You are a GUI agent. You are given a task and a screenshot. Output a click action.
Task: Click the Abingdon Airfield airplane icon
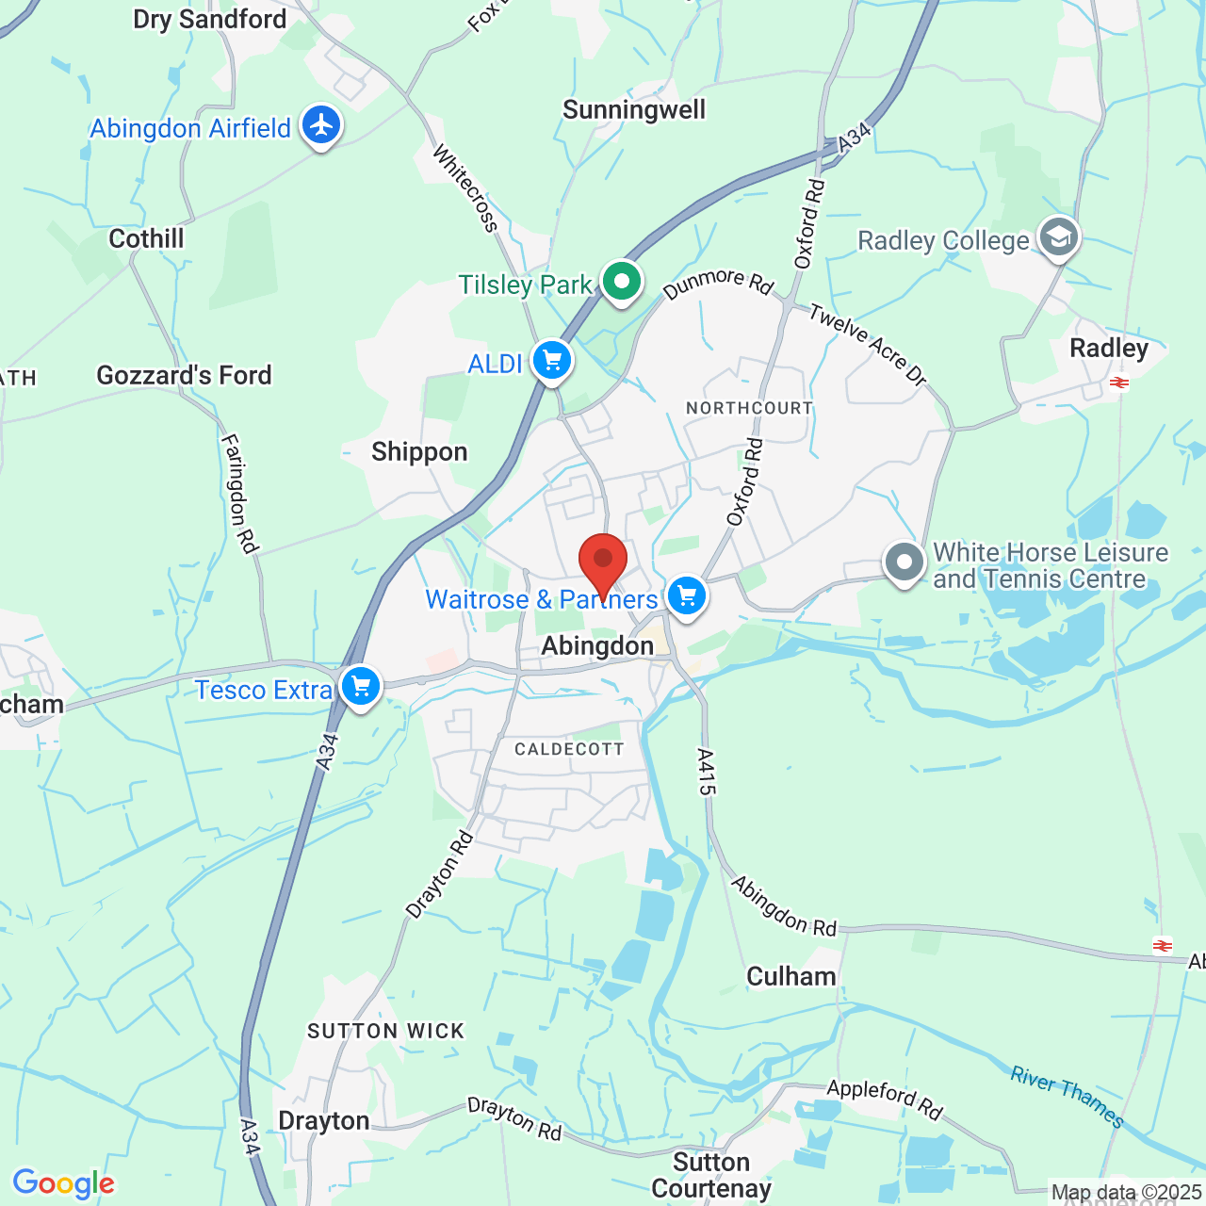pos(321,124)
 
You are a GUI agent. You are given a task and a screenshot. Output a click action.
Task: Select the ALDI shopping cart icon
pos(552,361)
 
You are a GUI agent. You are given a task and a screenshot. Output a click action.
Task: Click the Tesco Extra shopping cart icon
pos(361,687)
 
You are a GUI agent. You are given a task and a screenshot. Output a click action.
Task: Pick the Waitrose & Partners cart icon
pos(687,596)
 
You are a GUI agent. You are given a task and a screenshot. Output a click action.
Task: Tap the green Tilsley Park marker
pos(621,281)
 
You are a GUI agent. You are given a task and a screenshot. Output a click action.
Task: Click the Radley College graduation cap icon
pos(1059,237)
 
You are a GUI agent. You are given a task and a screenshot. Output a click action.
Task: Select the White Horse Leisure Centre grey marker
pos(904,562)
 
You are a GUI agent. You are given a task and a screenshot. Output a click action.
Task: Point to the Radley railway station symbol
pos(1119,383)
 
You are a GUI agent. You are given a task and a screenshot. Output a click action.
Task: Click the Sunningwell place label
pos(634,110)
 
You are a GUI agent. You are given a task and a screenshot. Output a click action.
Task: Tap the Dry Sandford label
pos(209,19)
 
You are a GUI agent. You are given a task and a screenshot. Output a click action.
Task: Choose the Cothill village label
pos(146,238)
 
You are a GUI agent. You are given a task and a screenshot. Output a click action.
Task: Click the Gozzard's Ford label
pos(184,375)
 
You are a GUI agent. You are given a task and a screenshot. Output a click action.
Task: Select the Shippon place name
pos(419,452)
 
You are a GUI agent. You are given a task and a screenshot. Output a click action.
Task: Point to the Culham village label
pos(791,976)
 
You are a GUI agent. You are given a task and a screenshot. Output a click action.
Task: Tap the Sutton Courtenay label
pos(711,1175)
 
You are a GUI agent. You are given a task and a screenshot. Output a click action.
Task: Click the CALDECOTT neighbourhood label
pos(569,749)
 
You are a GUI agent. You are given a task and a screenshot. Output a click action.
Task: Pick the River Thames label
pos(1067,1096)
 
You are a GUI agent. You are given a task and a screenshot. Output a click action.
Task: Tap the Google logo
pos(63,1183)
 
